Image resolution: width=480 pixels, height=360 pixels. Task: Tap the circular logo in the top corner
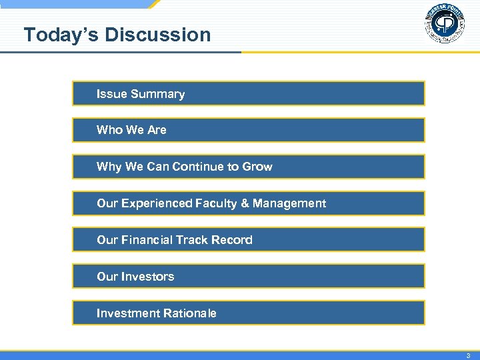click(x=444, y=24)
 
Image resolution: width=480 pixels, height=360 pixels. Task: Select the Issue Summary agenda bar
click(x=248, y=94)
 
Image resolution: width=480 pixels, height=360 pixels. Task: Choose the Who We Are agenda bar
click(x=248, y=130)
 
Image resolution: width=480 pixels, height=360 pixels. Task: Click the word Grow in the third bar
click(x=257, y=167)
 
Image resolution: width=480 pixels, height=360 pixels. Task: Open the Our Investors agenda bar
click(x=248, y=277)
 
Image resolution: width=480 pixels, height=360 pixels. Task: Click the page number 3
click(x=468, y=355)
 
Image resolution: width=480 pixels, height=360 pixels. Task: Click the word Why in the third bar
click(x=109, y=167)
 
